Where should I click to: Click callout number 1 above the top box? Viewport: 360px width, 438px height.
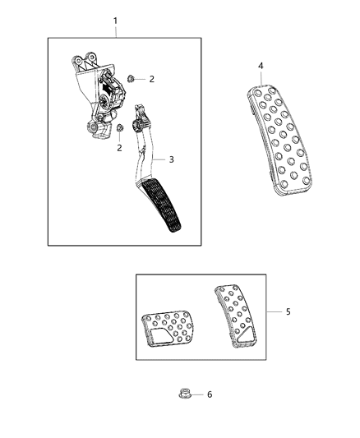tap(115, 20)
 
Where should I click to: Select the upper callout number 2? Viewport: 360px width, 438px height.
tap(151, 79)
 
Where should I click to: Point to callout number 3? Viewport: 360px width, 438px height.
tap(171, 159)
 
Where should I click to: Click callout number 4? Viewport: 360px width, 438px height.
tap(260, 66)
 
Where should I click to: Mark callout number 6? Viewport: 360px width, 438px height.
tap(209, 394)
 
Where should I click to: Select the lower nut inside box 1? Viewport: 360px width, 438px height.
tap(121, 128)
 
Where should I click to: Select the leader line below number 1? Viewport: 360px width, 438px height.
tap(115, 31)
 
